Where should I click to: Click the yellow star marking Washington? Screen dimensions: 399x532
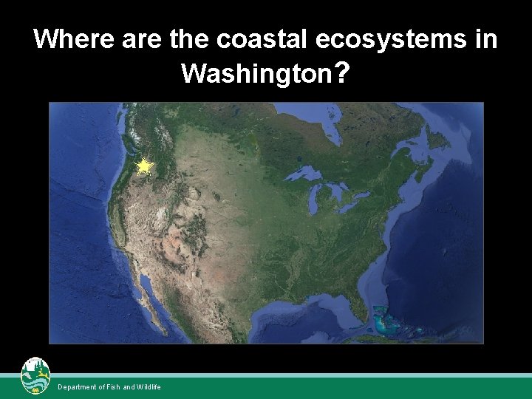pos(145,167)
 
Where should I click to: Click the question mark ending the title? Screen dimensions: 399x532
pos(341,72)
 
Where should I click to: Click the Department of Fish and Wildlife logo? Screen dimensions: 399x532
pos(35,376)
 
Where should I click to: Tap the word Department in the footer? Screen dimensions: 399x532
pos(77,387)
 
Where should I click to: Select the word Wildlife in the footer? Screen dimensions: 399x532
pos(148,387)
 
